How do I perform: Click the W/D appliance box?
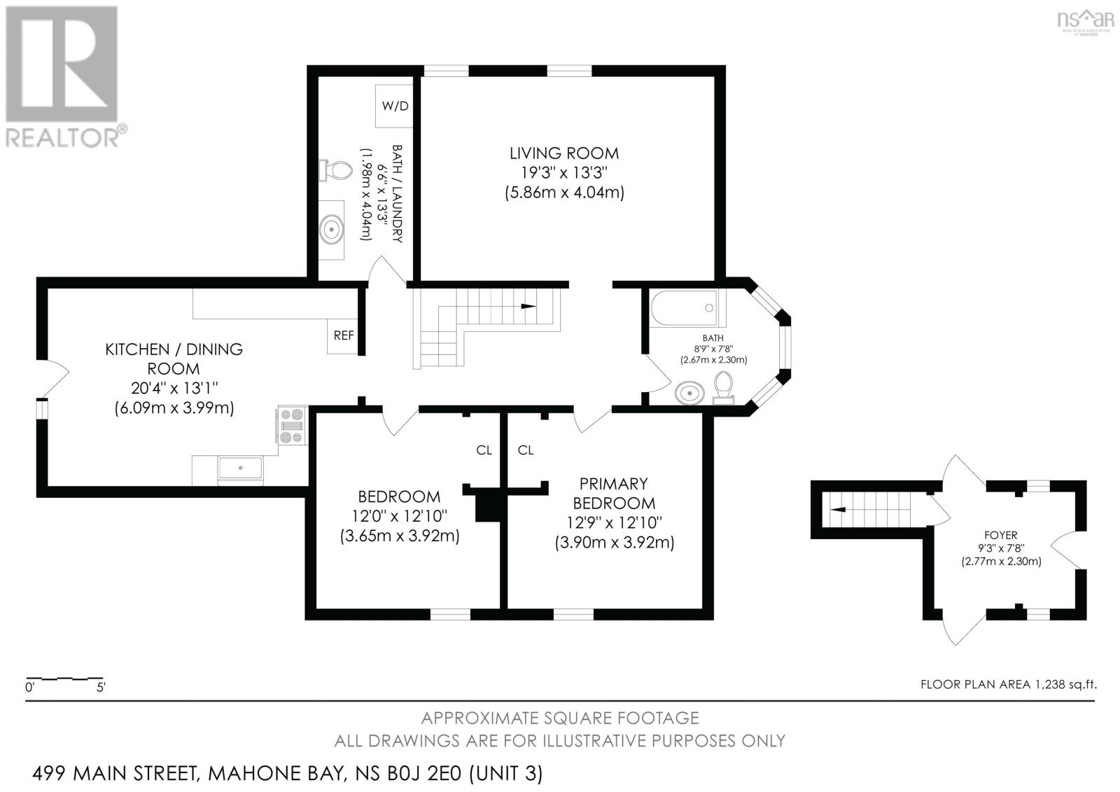coord(395,106)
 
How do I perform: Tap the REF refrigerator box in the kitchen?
coord(344,335)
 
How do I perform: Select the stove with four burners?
coord(291,425)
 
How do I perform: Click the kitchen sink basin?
coord(241,468)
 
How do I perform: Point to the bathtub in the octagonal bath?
coord(685,307)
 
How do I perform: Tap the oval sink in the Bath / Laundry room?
coord(332,230)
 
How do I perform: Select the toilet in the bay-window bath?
coord(723,387)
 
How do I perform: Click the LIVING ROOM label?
coord(564,153)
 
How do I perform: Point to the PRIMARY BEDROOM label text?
coord(613,493)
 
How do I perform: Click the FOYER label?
coord(1001,535)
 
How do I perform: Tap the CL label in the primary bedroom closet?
coord(526,450)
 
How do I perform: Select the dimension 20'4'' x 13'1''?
coord(174,388)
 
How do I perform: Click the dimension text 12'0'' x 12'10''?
coord(399,516)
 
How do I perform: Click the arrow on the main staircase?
coord(528,306)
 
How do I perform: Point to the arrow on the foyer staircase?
coord(838,510)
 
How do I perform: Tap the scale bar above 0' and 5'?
coord(64,679)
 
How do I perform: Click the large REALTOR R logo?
coord(61,64)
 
